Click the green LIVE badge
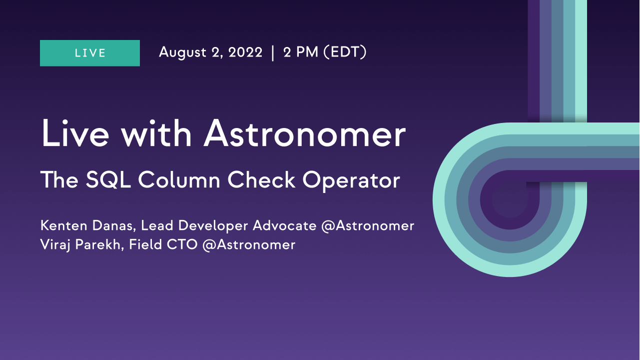(x=90, y=53)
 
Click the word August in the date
(x=182, y=52)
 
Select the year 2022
(x=245, y=52)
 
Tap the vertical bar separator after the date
(x=273, y=53)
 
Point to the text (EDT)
(x=345, y=52)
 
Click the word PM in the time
(x=307, y=52)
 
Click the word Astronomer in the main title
(x=305, y=134)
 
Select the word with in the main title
(x=156, y=133)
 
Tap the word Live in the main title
(x=75, y=133)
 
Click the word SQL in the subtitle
(x=108, y=180)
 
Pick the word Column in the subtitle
(x=179, y=180)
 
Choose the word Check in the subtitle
(x=261, y=180)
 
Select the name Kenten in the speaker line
(x=64, y=225)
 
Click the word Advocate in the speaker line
(x=285, y=225)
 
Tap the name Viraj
(x=55, y=245)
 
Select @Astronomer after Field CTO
(x=249, y=245)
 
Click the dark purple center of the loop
(x=510, y=200)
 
